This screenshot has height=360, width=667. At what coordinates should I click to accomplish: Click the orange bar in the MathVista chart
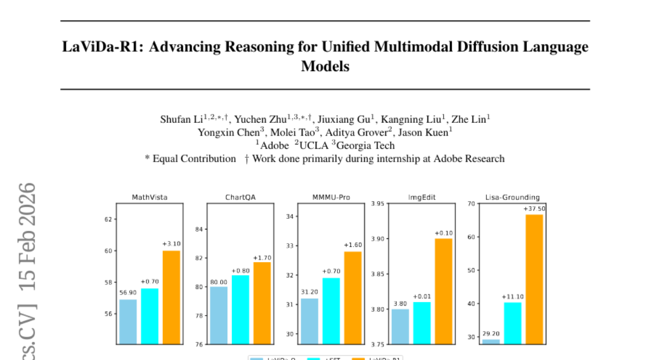(x=171, y=297)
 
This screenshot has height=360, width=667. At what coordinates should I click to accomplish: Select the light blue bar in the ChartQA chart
(x=218, y=315)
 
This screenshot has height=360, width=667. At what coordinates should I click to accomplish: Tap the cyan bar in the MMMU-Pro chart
(x=331, y=311)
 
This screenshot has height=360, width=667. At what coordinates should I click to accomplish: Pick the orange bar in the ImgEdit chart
(x=443, y=291)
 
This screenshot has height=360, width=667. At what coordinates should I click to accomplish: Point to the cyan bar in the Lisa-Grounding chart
(x=512, y=323)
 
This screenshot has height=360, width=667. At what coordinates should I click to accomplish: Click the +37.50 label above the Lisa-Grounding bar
(x=534, y=209)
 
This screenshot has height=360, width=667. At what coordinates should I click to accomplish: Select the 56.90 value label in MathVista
(x=128, y=293)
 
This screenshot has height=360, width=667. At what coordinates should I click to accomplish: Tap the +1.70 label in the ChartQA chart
(x=262, y=258)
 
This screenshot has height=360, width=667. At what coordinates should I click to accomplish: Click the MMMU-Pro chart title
(x=331, y=197)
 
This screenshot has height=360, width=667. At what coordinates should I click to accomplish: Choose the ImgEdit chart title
(x=421, y=197)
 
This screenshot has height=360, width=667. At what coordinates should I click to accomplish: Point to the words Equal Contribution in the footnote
(x=194, y=159)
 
